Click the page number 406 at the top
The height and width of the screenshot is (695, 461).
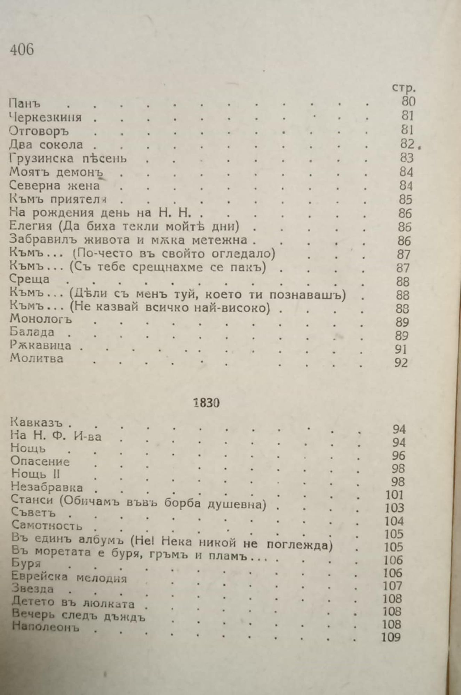(x=22, y=50)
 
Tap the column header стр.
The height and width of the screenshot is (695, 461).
(x=404, y=88)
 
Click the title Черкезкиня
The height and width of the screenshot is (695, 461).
(x=45, y=117)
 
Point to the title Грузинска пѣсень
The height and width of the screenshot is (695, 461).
(x=68, y=158)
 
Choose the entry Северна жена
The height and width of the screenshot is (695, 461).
(x=55, y=186)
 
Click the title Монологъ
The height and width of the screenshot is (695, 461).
(x=41, y=319)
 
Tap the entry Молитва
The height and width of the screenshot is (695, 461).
(x=37, y=358)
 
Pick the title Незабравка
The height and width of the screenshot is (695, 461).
(x=47, y=487)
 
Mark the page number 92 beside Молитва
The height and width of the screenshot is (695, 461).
(x=401, y=363)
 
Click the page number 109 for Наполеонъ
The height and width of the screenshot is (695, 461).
(x=391, y=638)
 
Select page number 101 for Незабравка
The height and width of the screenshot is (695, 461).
(x=394, y=494)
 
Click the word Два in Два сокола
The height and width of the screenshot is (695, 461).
(x=21, y=145)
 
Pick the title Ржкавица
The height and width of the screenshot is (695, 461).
(x=40, y=345)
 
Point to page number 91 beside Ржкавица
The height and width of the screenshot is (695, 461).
(x=401, y=349)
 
